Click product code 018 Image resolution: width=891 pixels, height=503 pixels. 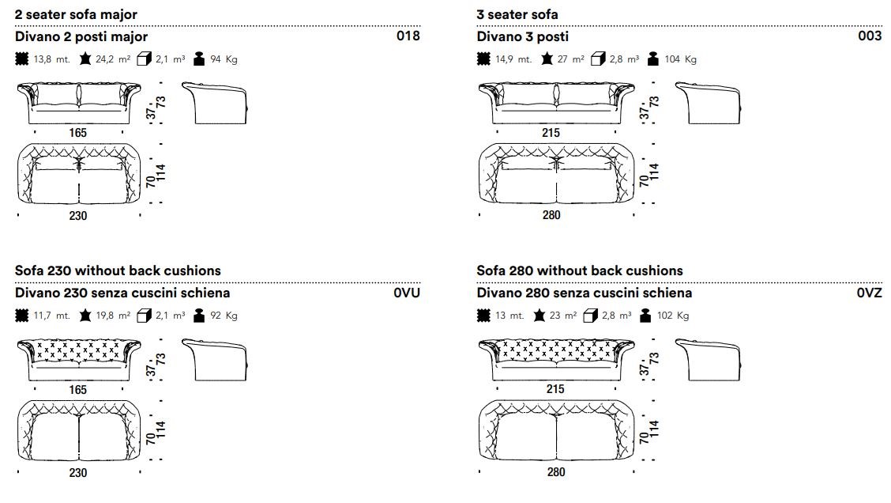pos(408,36)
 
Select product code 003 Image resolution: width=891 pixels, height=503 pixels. pos(870,36)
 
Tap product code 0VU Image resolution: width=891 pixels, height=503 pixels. pos(407,293)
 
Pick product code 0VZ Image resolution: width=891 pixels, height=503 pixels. pos(869,293)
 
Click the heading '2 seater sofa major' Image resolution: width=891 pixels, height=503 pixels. pos(76,14)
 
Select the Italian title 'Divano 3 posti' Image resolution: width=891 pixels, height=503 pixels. pos(522,36)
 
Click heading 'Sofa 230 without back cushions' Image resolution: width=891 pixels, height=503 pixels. pos(118,270)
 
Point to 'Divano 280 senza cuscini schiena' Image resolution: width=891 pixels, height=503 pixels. pos(584,293)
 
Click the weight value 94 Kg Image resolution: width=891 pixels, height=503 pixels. pos(224,59)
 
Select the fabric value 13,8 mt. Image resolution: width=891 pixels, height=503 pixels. pos(51,59)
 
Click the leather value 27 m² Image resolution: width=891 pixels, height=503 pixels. pos(570,59)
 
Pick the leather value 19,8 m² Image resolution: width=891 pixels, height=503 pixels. pos(113,316)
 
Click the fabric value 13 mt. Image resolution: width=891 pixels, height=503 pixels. pos(509,316)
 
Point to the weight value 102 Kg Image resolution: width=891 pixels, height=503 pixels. pos(678,316)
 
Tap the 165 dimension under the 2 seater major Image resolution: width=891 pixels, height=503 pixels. pos(77,133)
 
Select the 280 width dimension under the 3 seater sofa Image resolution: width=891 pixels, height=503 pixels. pos(551,215)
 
